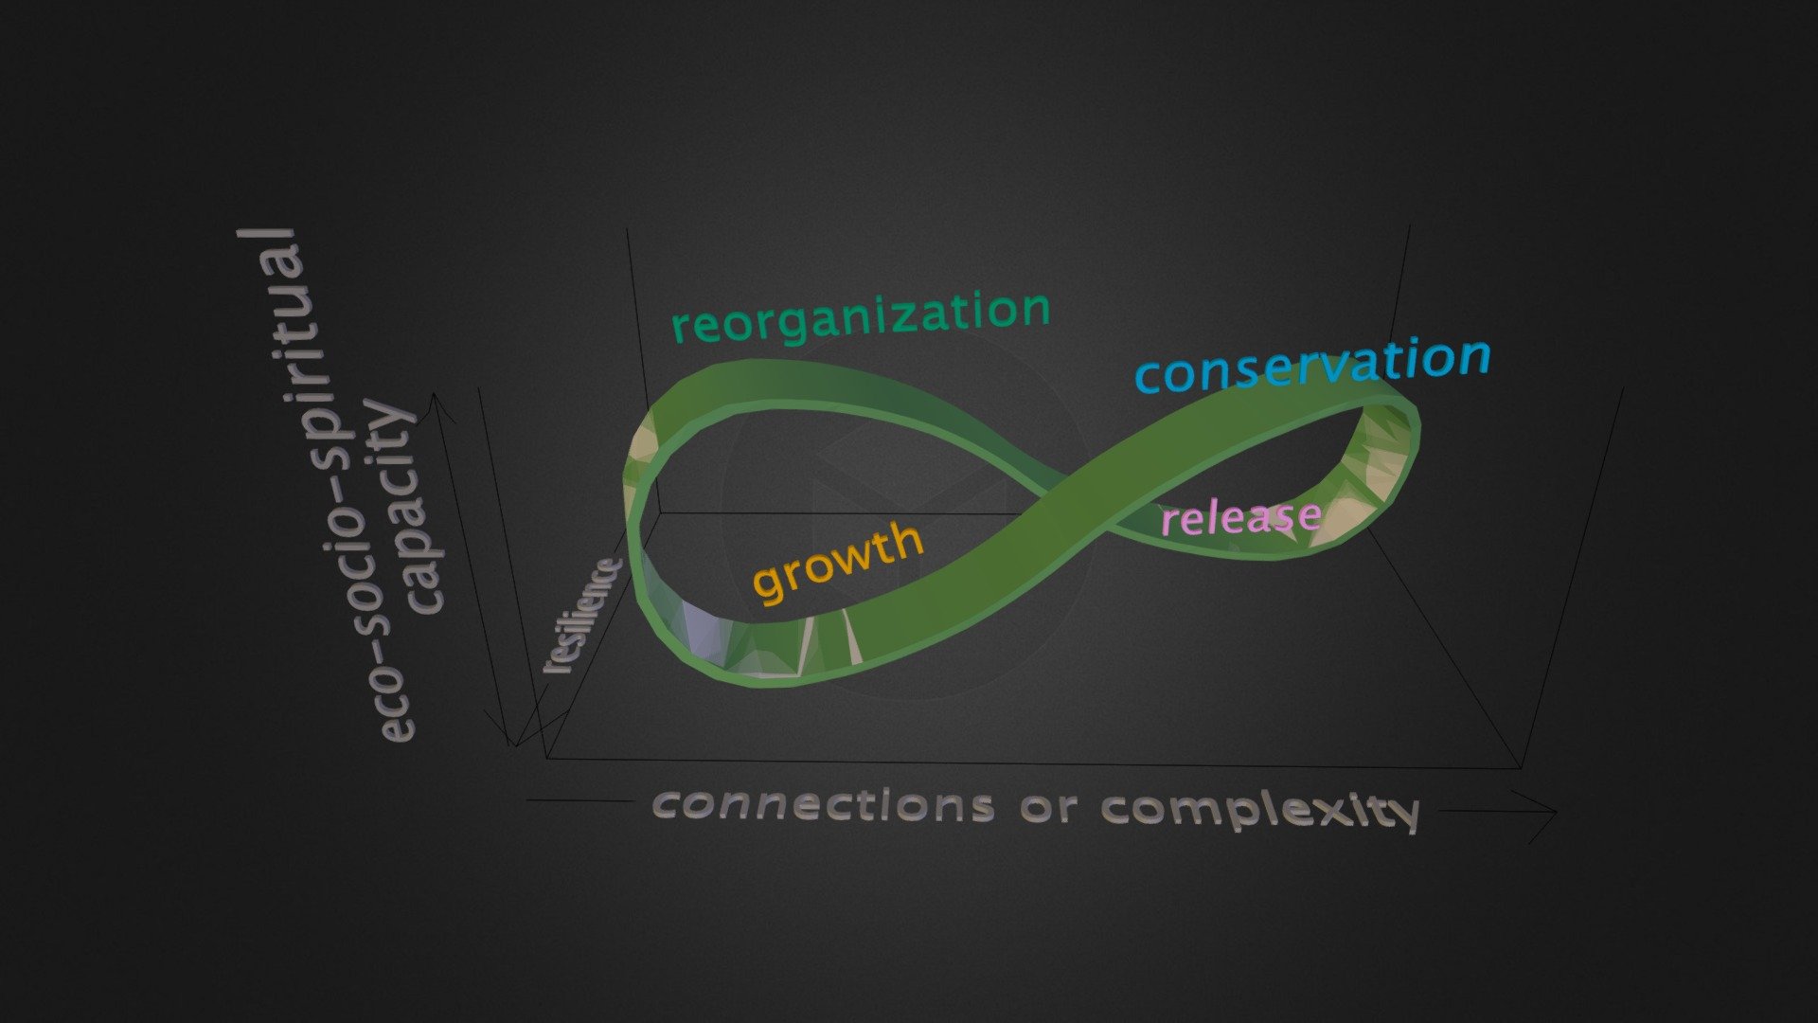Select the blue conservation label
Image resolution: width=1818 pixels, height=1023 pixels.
pos(1312,365)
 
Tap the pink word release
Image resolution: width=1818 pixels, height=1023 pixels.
pos(1240,517)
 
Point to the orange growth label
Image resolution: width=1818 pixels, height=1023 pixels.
pos(838,562)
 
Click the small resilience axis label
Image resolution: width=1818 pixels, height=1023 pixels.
pos(581,616)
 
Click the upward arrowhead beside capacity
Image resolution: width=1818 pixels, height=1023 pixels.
pos(439,406)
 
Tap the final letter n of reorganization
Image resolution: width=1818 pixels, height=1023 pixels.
pos(1036,311)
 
